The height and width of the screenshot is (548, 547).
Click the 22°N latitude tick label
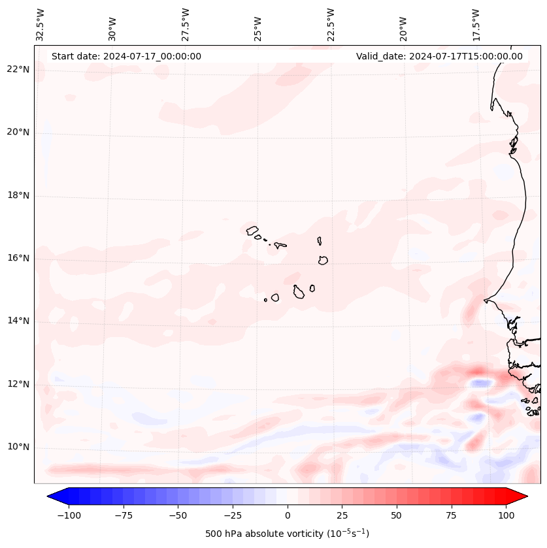pos(18,70)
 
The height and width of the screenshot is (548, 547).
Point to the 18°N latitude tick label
pos(18,195)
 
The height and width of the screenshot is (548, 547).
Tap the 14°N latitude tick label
pos(18,321)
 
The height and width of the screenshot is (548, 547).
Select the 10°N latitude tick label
pos(18,447)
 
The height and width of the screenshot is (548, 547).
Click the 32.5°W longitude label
pos(41,24)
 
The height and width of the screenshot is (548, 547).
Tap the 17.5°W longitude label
pos(476,24)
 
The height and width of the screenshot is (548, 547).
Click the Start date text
pos(126,56)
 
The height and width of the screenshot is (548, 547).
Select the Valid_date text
pos(439,56)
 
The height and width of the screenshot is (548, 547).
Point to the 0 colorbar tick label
pos(287,515)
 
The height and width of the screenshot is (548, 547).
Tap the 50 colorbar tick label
pos(397,515)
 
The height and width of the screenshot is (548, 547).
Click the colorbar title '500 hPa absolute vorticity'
pos(287,534)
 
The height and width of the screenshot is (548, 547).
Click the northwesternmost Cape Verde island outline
pos(252,230)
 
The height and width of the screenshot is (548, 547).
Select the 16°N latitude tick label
pos(18,258)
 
